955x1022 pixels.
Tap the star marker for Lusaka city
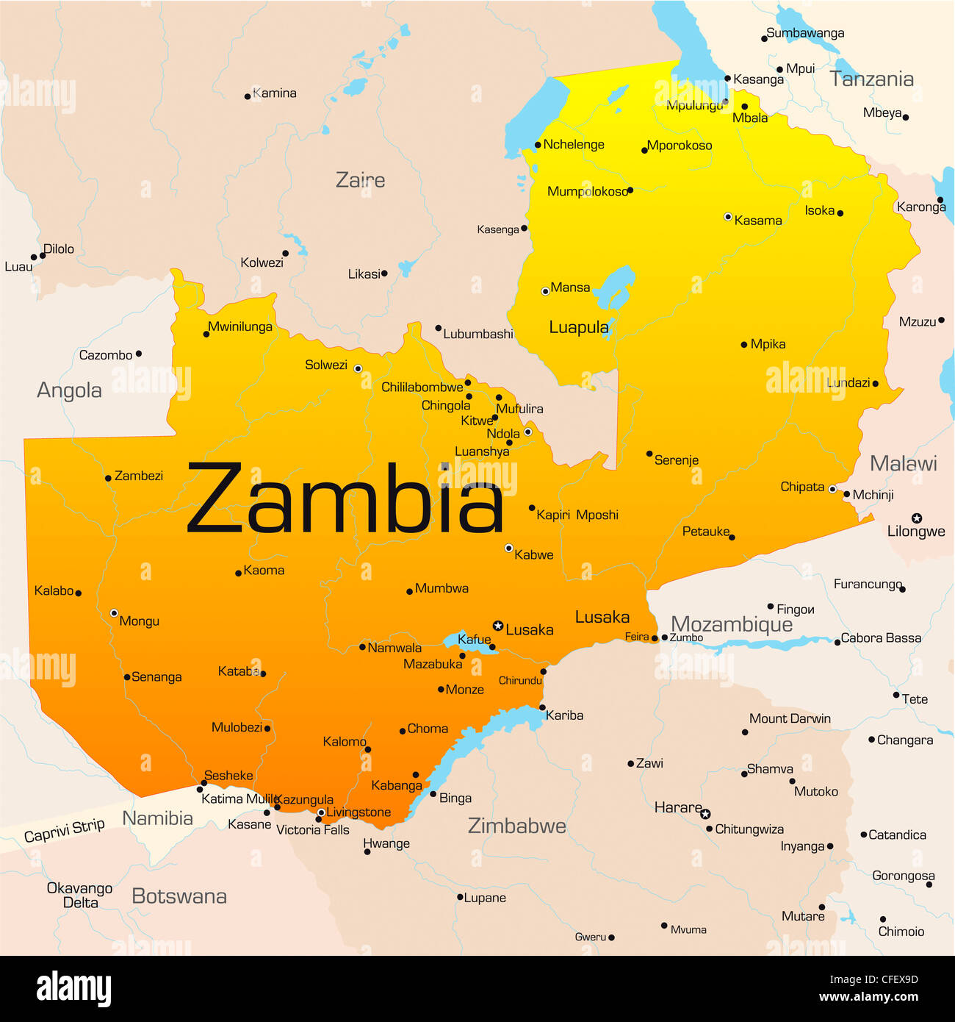(498, 626)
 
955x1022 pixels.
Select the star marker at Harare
(705, 814)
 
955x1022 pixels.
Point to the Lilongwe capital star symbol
(917, 518)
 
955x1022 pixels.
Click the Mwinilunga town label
(239, 326)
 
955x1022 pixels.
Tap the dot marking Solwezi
(358, 368)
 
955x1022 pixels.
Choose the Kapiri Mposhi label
(577, 515)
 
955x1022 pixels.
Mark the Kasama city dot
(728, 217)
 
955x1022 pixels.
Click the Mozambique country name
(732, 624)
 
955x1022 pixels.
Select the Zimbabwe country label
(517, 826)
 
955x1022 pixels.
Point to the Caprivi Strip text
(65, 830)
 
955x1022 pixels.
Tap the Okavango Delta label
(79, 895)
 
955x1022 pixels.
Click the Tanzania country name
(871, 79)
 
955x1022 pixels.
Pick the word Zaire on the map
(360, 179)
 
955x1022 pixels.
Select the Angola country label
(69, 390)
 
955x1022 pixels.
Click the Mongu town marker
(114, 612)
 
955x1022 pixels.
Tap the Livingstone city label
(358, 812)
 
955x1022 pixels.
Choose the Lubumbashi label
(478, 334)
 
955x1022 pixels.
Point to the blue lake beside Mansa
(613, 287)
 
